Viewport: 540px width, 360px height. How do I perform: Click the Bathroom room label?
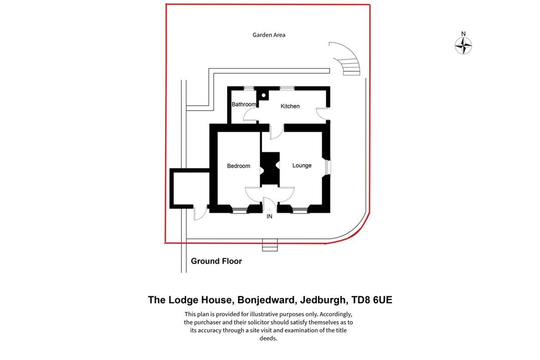(244, 104)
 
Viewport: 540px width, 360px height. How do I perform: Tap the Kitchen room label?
(290, 106)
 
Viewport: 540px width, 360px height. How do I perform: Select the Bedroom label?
(238, 166)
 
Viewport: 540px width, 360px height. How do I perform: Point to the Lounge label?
(302, 166)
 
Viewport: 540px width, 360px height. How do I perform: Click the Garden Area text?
(268, 35)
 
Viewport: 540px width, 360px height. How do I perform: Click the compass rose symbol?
(463, 45)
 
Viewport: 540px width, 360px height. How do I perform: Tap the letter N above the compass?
(463, 34)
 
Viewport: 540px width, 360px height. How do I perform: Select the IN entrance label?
(269, 217)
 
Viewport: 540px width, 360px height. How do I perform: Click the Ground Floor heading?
(216, 261)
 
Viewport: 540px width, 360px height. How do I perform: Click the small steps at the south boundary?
(269, 245)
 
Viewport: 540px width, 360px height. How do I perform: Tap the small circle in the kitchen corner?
(264, 95)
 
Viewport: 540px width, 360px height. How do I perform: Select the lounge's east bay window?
(327, 167)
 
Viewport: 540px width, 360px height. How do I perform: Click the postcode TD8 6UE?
(372, 300)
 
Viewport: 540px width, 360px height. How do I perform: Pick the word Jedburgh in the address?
(323, 300)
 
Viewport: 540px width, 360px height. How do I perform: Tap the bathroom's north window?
(249, 89)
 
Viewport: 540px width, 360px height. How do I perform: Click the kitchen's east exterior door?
(322, 113)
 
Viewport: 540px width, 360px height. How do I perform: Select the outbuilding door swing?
(200, 212)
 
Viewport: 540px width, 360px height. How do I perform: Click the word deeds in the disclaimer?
(268, 338)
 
